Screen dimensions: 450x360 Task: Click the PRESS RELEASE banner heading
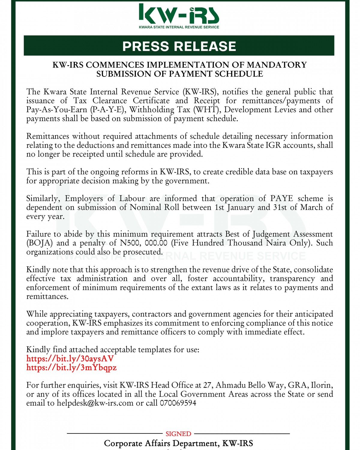tap(179, 46)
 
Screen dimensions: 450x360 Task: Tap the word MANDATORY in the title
tap(276, 65)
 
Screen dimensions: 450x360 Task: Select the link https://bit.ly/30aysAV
tap(70, 358)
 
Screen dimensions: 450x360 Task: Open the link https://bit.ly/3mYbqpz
tap(71, 367)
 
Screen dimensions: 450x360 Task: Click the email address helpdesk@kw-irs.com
tap(95, 403)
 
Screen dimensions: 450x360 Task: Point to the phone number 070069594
tap(178, 403)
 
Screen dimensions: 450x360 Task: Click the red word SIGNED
tap(178, 434)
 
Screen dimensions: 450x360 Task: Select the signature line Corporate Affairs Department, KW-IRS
tap(178, 443)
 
